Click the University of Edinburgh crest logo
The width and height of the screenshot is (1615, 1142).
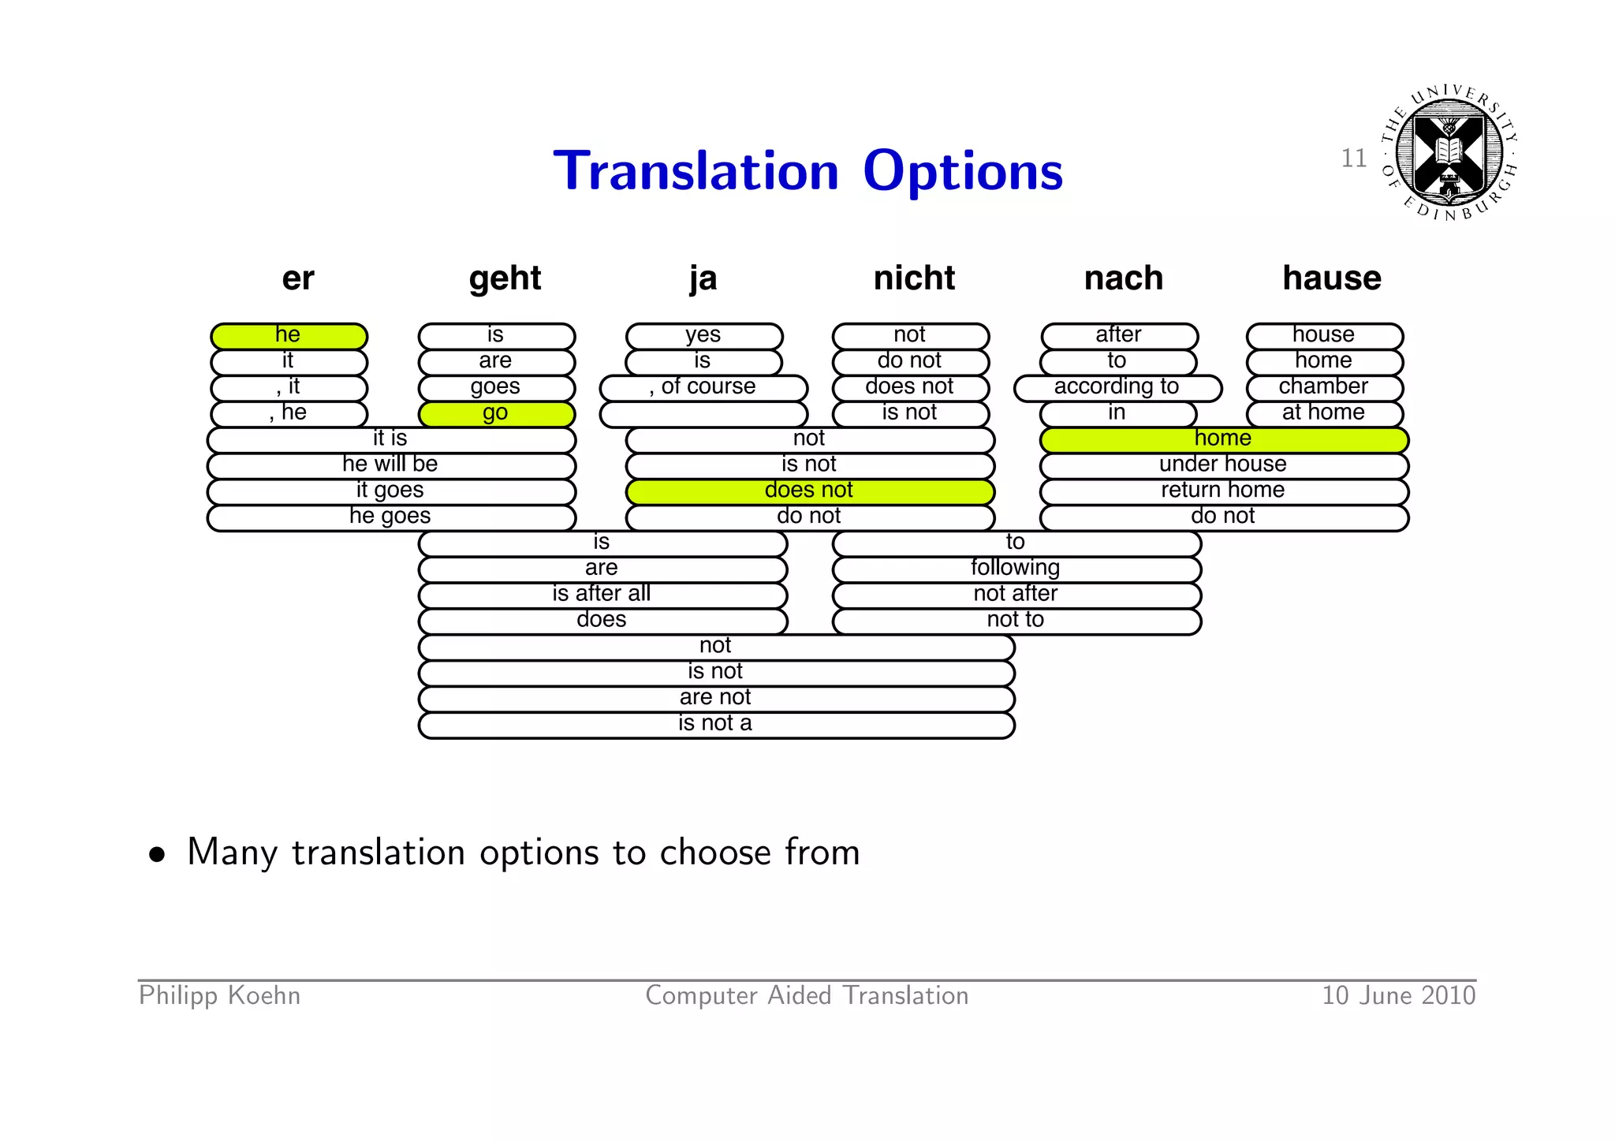coord(1449,152)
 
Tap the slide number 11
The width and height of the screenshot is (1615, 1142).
coord(1353,159)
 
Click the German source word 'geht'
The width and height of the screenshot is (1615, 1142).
coord(505,278)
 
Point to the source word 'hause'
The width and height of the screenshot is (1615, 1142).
coord(1331,278)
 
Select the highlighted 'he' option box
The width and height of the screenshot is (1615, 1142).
coord(289,336)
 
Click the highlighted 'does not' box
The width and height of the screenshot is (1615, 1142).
coord(810,491)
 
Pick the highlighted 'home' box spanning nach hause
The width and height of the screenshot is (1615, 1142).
coord(1223,439)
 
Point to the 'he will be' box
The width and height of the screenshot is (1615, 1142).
coord(391,465)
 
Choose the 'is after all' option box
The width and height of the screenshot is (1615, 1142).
coord(602,595)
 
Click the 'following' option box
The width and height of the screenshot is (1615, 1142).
coord(1016,569)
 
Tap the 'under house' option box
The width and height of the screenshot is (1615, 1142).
coord(1223,465)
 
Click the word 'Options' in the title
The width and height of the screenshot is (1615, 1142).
coord(963,171)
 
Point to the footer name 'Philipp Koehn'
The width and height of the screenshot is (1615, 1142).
coord(219,996)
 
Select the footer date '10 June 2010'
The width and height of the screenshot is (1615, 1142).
coord(1398,996)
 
